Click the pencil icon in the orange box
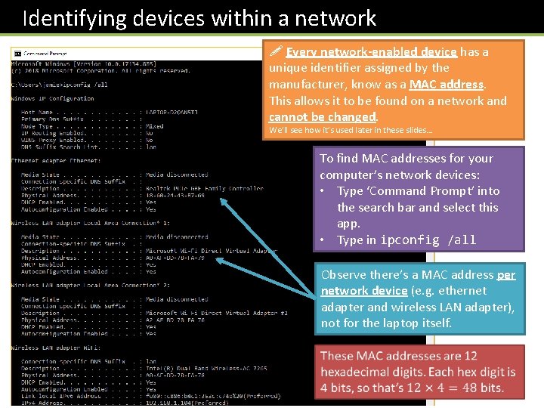pos(276,52)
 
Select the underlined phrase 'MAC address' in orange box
pos(446,85)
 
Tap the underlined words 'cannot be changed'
pos(322,117)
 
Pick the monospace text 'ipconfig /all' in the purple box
pos(428,240)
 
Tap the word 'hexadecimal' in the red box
pos(353,372)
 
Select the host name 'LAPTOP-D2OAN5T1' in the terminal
pos(172,112)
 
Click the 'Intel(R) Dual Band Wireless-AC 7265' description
pos(206,368)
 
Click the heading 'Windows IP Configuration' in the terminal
pos(53,98)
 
